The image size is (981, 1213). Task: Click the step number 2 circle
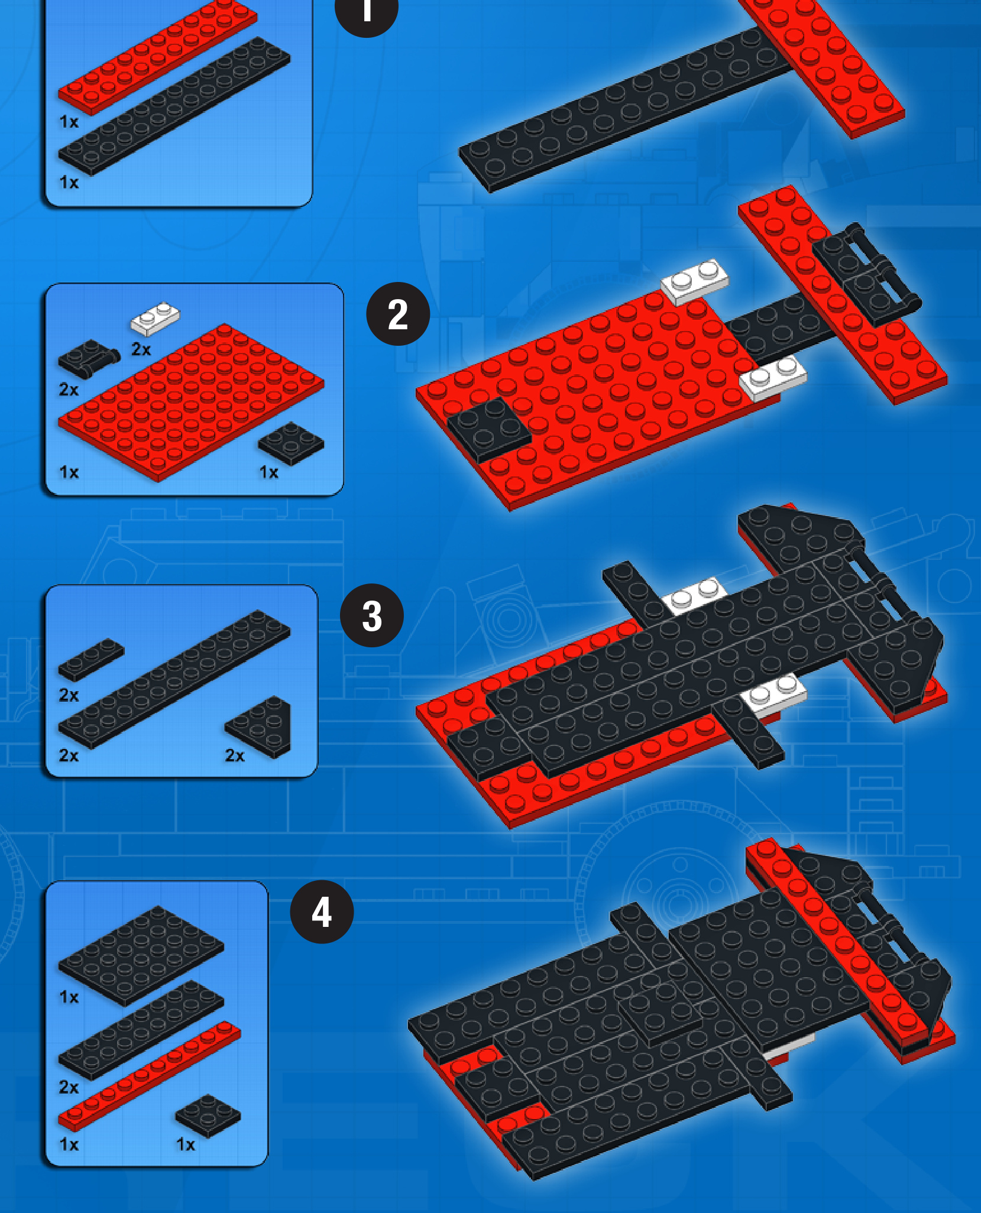click(x=398, y=314)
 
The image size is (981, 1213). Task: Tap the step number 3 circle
click(x=372, y=615)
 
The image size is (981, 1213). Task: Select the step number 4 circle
click(x=322, y=912)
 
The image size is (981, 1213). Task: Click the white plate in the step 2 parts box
click(x=155, y=319)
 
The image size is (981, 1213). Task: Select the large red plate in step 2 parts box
click(x=191, y=401)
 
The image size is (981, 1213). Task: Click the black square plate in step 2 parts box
click(x=291, y=443)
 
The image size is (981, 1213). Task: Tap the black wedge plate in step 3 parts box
click(x=260, y=726)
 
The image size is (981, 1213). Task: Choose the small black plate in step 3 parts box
click(x=91, y=659)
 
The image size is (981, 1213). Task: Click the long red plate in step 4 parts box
click(x=150, y=1076)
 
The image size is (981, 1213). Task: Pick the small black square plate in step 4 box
click(x=208, y=1115)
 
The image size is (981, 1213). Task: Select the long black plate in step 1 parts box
click(x=174, y=106)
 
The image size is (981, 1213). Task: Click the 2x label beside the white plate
click(x=141, y=349)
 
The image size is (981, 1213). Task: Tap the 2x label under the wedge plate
click(x=235, y=755)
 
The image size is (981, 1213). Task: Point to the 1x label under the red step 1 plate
click(x=69, y=122)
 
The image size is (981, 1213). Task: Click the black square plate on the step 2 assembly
click(x=489, y=429)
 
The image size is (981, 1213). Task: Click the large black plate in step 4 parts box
click(x=141, y=955)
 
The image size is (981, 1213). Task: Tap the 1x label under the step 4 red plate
click(x=69, y=1144)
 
